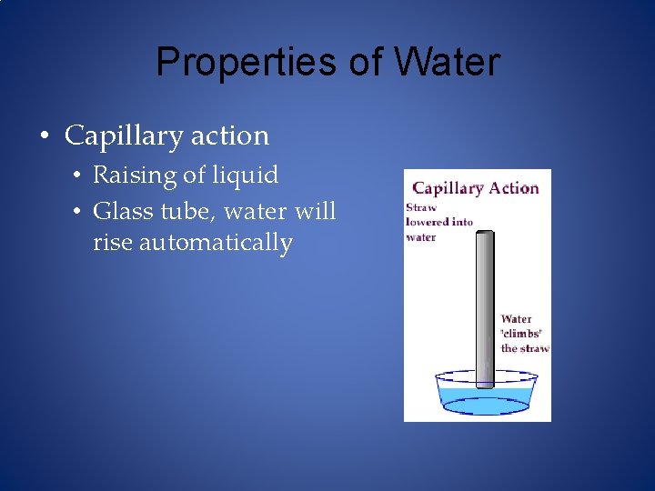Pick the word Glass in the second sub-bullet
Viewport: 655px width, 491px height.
(121, 212)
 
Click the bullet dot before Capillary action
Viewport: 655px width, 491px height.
(44, 136)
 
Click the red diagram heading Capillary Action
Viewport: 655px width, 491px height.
(476, 188)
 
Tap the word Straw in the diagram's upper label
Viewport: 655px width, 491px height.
(421, 207)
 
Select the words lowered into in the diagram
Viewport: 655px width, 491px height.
(438, 222)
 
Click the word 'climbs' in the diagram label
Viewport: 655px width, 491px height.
(526, 334)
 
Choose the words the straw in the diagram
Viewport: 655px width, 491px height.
(525, 348)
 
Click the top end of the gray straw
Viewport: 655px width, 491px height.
(486, 235)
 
